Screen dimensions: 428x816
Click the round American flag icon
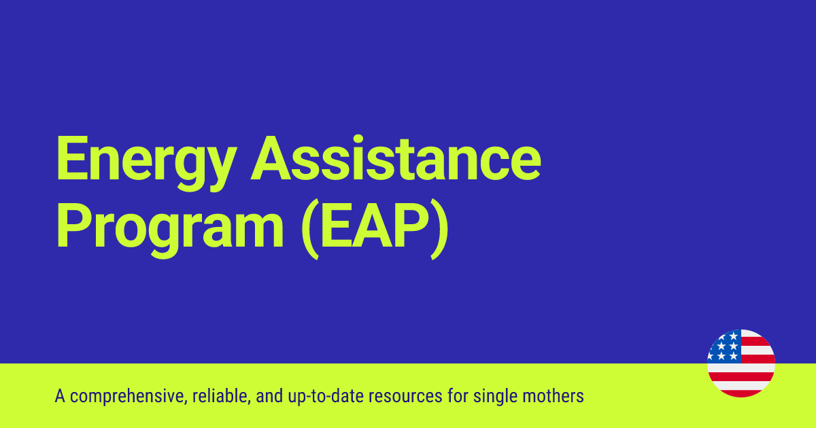point(741,363)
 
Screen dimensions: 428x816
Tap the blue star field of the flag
point(724,346)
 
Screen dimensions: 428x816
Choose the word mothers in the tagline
point(558,396)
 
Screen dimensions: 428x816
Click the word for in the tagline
point(466,396)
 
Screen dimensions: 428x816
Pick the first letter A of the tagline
point(59,395)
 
